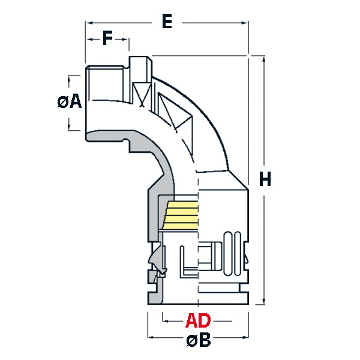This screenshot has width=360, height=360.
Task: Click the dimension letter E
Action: coord(167,22)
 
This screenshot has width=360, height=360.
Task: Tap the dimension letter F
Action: coord(107,39)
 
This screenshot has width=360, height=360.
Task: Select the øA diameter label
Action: coord(70,102)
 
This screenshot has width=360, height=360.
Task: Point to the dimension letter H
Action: coord(265,178)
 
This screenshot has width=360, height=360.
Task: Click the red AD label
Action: coord(198,319)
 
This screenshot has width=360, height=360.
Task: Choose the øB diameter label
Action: coord(198,341)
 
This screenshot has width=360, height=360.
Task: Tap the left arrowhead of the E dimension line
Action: coord(89,23)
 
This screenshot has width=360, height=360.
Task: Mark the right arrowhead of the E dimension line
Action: coord(245,23)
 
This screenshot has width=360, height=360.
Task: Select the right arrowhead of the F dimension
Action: coord(126,40)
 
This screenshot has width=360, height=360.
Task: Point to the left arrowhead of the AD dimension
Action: coord(165,319)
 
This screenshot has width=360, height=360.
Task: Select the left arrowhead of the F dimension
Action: coord(89,40)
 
